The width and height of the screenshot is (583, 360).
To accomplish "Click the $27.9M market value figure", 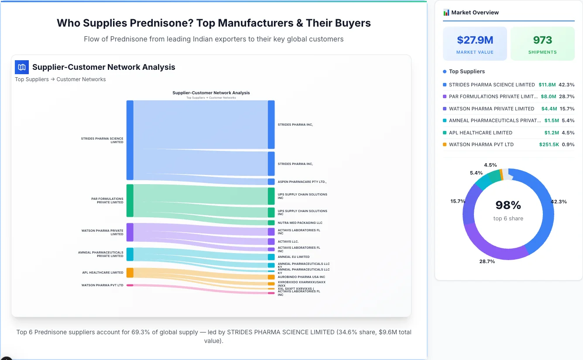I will point(475,40).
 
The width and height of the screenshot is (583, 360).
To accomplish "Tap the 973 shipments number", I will point(542,40).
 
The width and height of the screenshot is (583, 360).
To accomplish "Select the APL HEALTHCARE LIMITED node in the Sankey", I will point(130,273).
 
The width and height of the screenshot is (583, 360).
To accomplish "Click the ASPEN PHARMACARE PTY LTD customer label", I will point(302,182).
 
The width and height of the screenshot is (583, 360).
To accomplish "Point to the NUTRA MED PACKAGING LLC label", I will point(300,223).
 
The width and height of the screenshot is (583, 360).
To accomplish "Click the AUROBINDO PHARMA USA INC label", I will point(301,277).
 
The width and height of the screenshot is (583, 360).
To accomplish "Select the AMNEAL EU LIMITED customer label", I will point(293,257).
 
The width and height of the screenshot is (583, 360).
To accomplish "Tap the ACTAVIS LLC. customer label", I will point(288,241).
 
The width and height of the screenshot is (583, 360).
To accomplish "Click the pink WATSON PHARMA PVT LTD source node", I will point(130,285).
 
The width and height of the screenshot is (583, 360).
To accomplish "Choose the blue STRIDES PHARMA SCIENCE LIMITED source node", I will point(130,140).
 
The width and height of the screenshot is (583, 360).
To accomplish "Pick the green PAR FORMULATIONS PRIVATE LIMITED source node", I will point(130,201).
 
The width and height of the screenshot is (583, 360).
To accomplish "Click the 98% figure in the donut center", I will point(508,205).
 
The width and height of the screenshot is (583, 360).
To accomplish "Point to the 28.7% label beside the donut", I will point(487,261).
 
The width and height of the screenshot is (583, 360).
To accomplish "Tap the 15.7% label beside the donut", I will point(458,201).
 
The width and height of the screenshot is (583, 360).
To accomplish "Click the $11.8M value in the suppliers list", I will point(547,85).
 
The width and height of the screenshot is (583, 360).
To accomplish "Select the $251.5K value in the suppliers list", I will point(549,144).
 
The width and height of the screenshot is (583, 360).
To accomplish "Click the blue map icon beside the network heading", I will point(22,67).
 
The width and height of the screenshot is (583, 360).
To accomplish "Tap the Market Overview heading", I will point(475,13).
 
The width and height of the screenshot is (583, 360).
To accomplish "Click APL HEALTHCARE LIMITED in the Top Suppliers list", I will point(480,133).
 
